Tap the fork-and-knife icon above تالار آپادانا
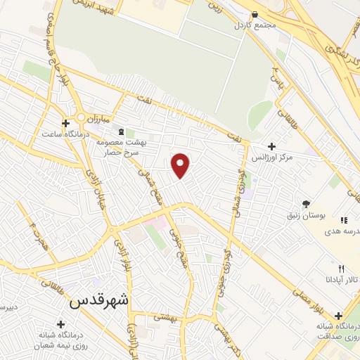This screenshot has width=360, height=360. pos(342,268)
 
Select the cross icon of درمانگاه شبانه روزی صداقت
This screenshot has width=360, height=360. pos(339,316)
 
